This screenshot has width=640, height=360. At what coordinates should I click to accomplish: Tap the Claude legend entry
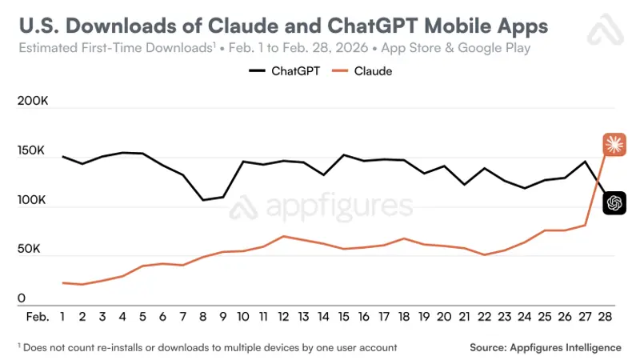pos(369,71)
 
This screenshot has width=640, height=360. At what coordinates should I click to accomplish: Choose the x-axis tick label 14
pos(323,317)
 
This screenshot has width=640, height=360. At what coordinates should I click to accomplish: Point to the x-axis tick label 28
pos(605,317)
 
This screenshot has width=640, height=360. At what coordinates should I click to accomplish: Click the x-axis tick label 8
pos(203,317)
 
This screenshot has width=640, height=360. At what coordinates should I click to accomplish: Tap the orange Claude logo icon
pos(614,144)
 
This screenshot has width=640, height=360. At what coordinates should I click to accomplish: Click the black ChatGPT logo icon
pos(614,203)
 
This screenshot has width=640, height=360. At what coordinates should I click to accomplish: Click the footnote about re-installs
pos(206,347)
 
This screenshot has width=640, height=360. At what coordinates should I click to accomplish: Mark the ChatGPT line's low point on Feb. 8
pos(203,200)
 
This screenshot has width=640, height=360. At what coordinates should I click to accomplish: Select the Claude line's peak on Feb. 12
pos(283,236)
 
